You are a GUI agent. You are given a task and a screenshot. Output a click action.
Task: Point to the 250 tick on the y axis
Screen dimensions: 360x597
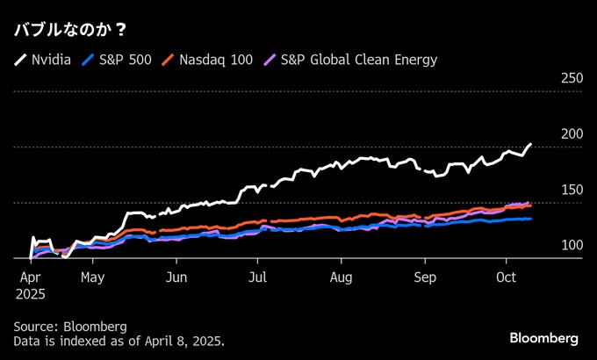572,79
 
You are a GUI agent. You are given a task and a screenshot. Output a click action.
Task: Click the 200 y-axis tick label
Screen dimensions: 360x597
572,134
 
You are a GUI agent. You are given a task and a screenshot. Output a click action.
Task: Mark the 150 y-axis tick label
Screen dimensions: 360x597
572,190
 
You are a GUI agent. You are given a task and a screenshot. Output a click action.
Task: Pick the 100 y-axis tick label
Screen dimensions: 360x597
572,245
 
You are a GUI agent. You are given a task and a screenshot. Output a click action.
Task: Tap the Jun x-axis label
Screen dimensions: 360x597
176,277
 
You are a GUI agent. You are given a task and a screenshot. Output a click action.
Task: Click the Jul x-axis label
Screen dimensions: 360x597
257,277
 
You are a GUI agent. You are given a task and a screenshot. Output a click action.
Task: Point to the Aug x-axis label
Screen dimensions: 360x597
342,277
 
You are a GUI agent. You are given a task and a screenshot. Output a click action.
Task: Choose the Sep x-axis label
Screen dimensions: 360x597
425,277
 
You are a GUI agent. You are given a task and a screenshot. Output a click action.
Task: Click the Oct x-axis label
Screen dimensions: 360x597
506,277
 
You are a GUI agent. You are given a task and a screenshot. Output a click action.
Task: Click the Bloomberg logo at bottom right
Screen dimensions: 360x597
543,338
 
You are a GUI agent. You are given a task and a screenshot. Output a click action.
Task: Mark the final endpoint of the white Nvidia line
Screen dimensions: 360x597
530,144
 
